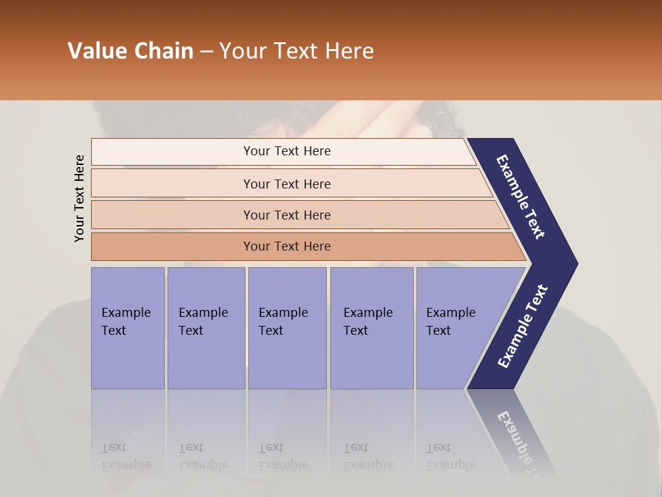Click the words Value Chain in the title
130,51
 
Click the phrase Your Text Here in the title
297,51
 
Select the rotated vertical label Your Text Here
79,198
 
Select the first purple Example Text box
128,328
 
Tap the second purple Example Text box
205,328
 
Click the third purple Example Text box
287,328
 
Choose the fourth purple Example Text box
372,328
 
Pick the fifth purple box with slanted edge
455,328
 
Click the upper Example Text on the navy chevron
521,197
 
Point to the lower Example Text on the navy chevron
522,327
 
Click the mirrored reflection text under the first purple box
126,456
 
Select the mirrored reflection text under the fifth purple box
450,456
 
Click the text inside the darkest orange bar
287,246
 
